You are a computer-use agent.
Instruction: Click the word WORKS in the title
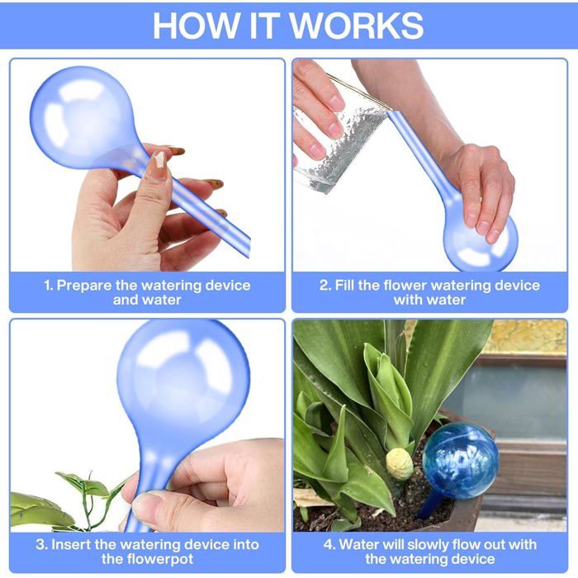coord(357,25)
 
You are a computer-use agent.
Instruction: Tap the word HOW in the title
coord(196,25)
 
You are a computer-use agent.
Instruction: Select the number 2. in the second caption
coord(325,286)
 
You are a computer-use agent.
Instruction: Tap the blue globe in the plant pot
coord(461,461)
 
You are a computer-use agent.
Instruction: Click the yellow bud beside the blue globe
coord(399,464)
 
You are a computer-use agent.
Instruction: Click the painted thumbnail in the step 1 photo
coord(159,159)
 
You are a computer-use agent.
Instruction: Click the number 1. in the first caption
coord(48,286)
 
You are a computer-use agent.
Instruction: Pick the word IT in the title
coord(264,25)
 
